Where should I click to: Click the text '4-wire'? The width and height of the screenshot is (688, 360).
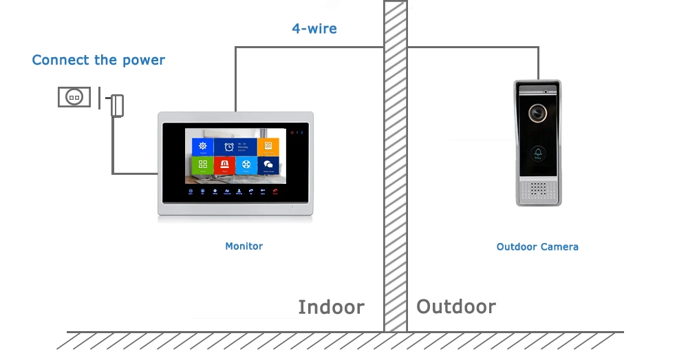(314, 29)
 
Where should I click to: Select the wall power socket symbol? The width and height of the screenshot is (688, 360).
(74, 97)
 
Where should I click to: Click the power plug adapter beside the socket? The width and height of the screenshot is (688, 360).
(117, 105)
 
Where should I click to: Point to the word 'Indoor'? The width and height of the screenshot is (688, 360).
(331, 307)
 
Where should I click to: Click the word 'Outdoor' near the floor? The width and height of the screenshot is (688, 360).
(455, 306)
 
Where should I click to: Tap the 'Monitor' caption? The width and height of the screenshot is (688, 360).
(244, 246)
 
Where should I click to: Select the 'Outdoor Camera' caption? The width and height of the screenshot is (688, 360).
(537, 246)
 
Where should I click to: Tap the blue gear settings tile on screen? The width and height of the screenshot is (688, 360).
(202, 147)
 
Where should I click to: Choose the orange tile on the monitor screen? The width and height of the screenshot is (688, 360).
(268, 147)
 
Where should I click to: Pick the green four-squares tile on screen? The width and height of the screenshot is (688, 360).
(202, 165)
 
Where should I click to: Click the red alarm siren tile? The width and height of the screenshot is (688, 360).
(224, 165)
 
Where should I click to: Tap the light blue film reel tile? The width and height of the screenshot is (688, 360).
(246, 165)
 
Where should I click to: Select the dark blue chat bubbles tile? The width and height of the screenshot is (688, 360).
(268, 165)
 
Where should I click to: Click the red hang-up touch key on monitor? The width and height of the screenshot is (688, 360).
(275, 192)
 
